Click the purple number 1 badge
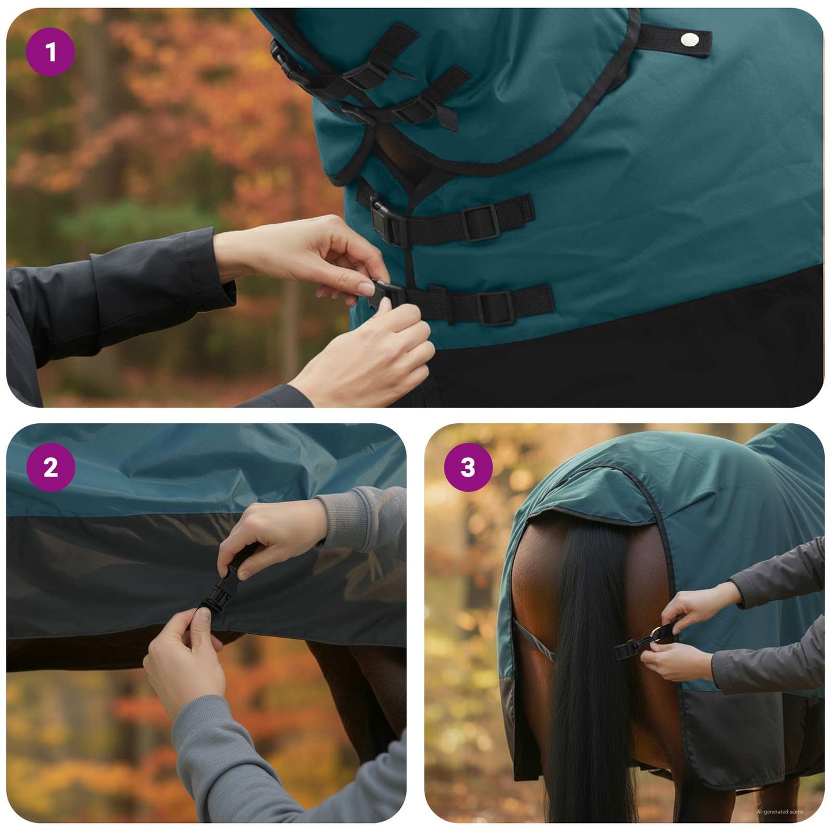(51, 52)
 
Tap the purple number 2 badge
(51, 467)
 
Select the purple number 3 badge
(468, 467)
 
